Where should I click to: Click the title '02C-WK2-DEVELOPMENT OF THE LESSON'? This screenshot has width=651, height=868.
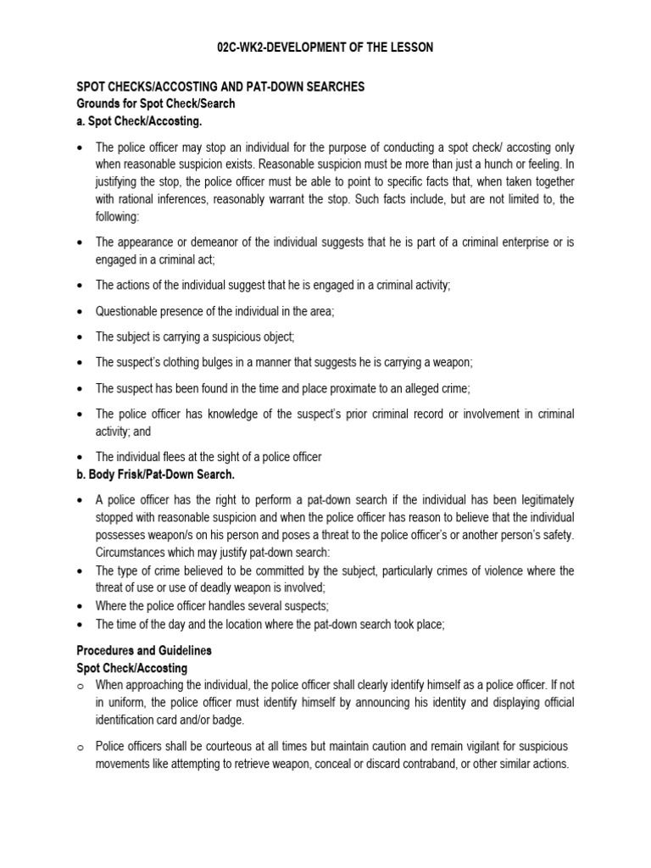(325, 48)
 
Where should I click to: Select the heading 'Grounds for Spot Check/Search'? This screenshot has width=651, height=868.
(156, 103)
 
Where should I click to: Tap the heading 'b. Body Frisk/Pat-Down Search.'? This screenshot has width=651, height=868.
(155, 474)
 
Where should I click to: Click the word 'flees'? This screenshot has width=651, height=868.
(172, 457)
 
